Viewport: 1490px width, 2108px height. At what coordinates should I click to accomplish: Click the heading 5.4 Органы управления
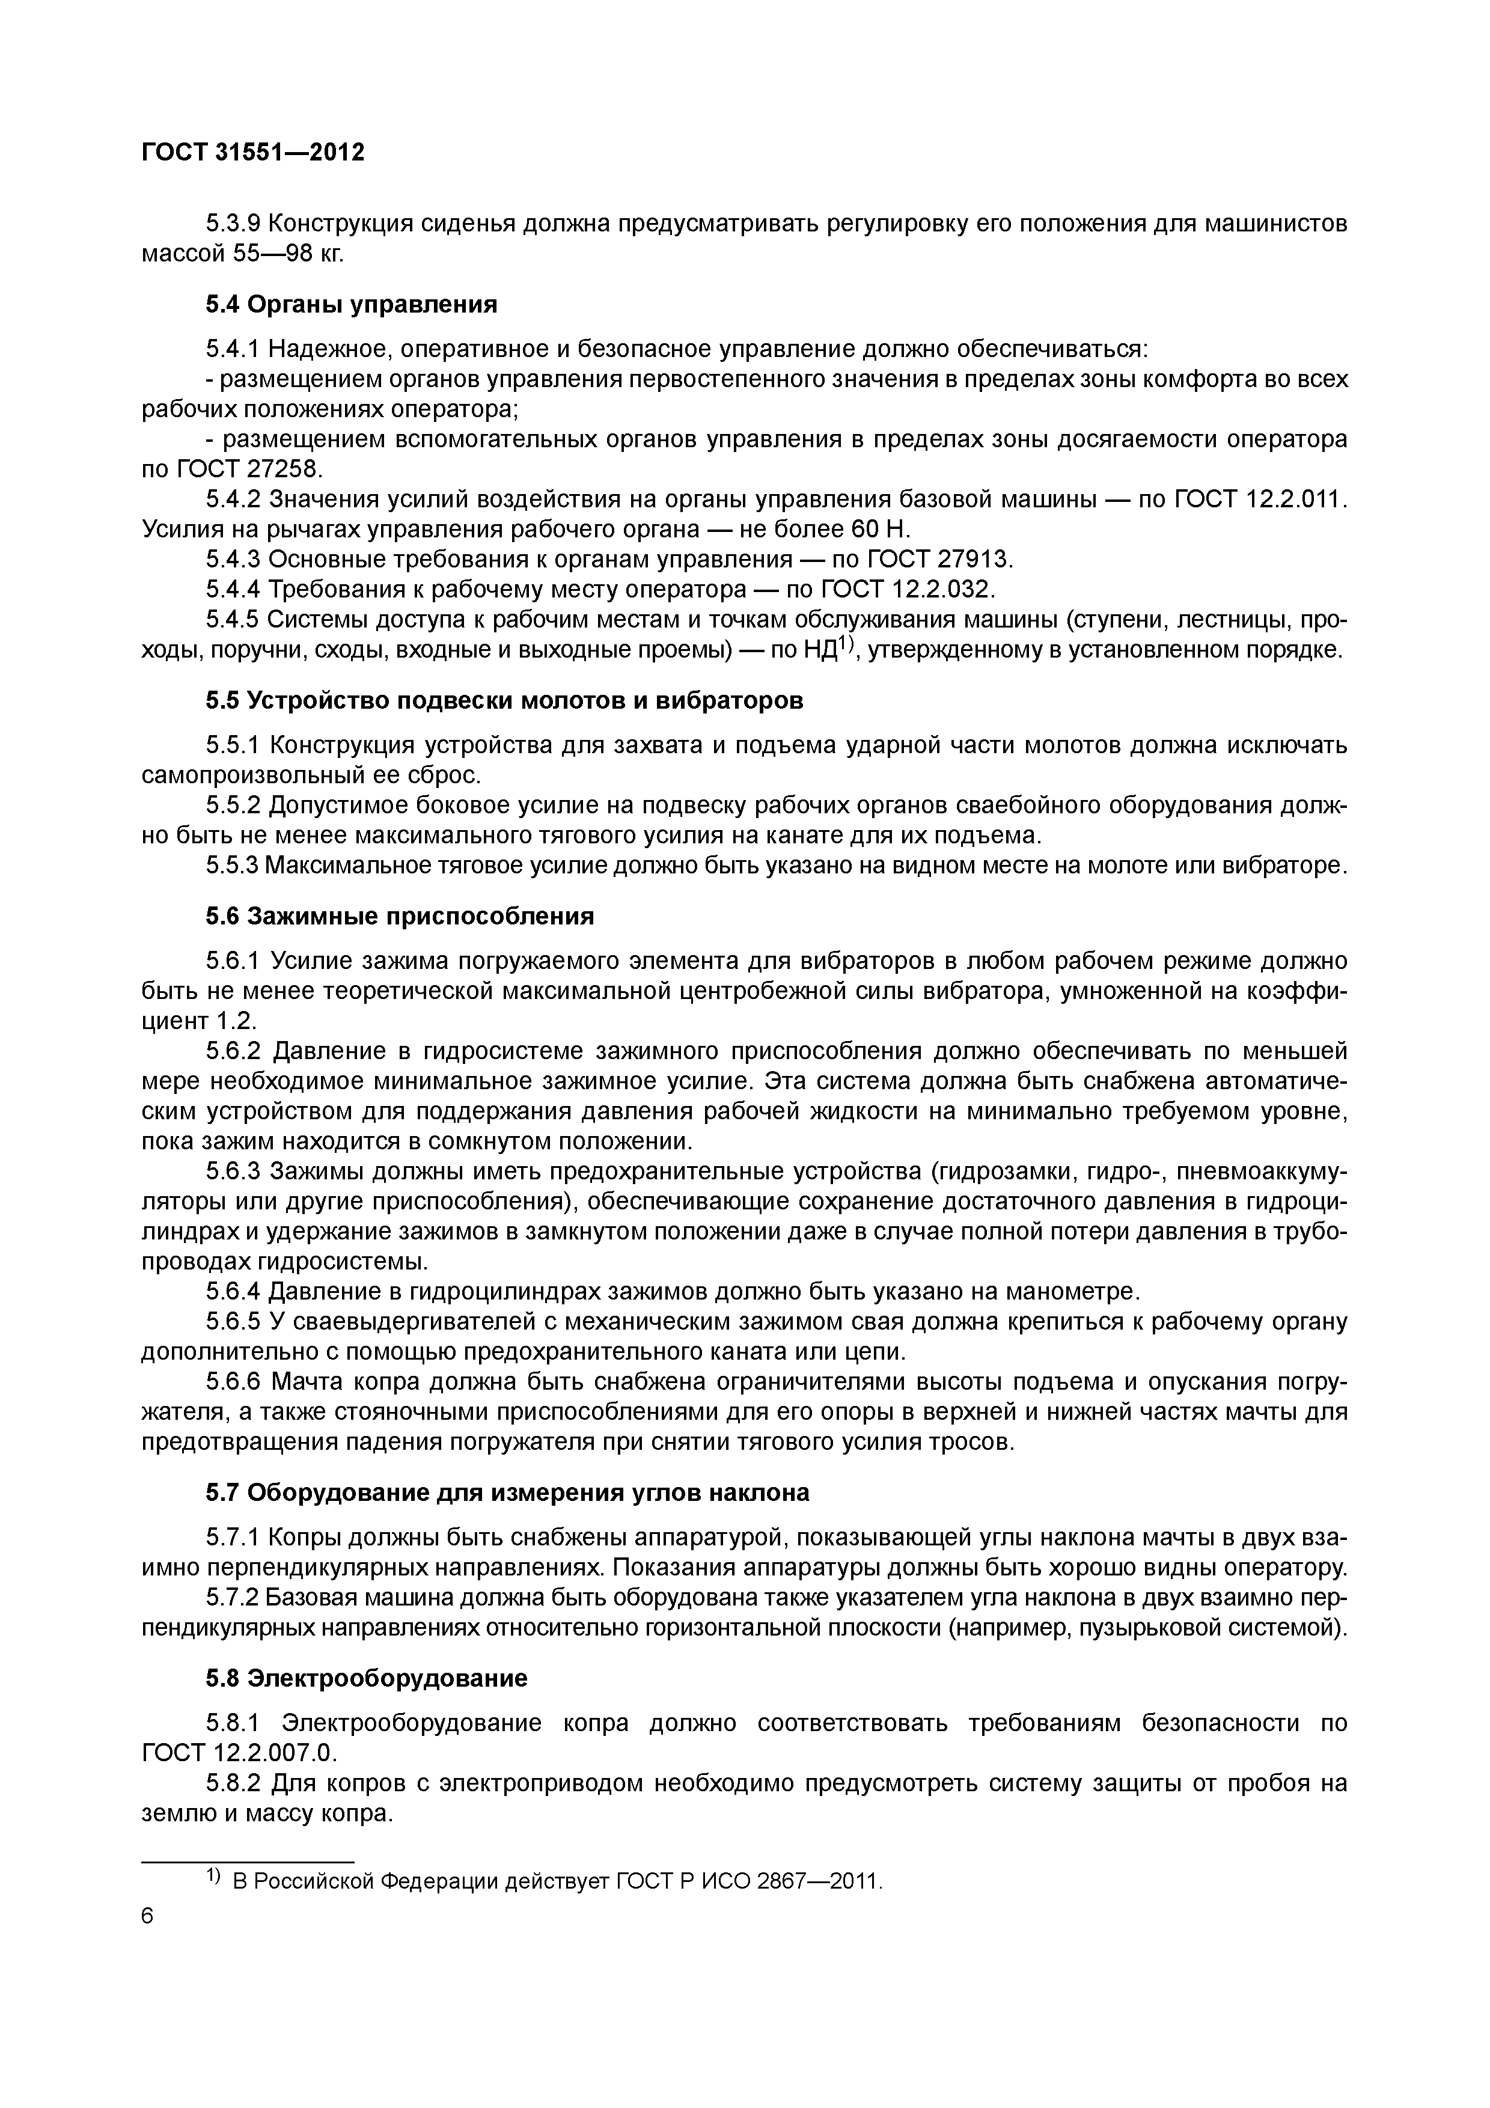pyautogui.click(x=350, y=304)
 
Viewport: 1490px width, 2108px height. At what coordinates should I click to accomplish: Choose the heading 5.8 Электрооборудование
pyautogui.click(x=366, y=1678)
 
